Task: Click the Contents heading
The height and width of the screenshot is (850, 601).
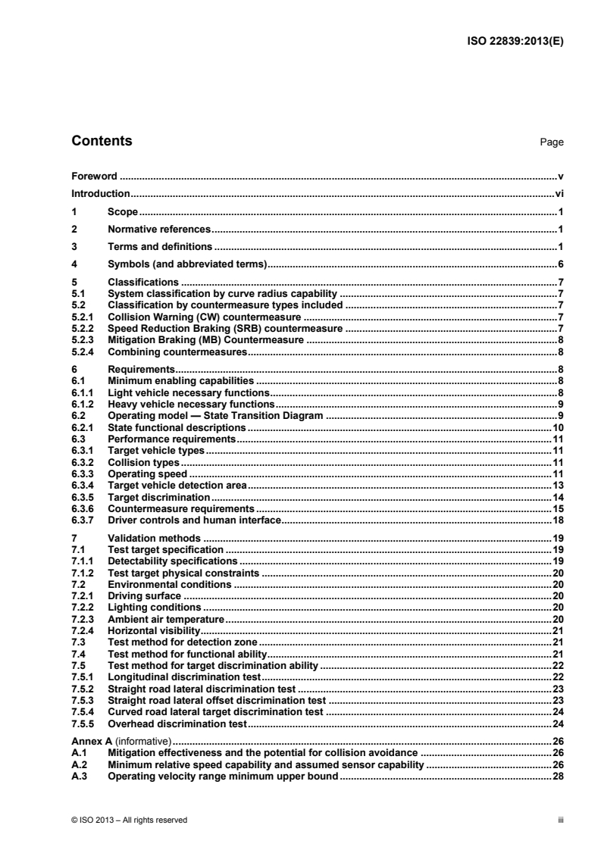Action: (x=101, y=141)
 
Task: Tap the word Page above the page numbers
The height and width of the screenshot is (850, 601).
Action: (x=552, y=142)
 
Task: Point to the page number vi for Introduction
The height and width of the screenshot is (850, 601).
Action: (x=559, y=194)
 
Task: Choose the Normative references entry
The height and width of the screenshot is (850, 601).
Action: (x=158, y=229)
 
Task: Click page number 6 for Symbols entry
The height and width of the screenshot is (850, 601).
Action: (x=561, y=264)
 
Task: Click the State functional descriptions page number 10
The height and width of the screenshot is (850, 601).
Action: (x=559, y=428)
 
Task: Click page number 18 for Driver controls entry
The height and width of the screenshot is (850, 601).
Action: (x=559, y=520)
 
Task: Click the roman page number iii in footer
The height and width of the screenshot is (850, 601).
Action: (x=560, y=819)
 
